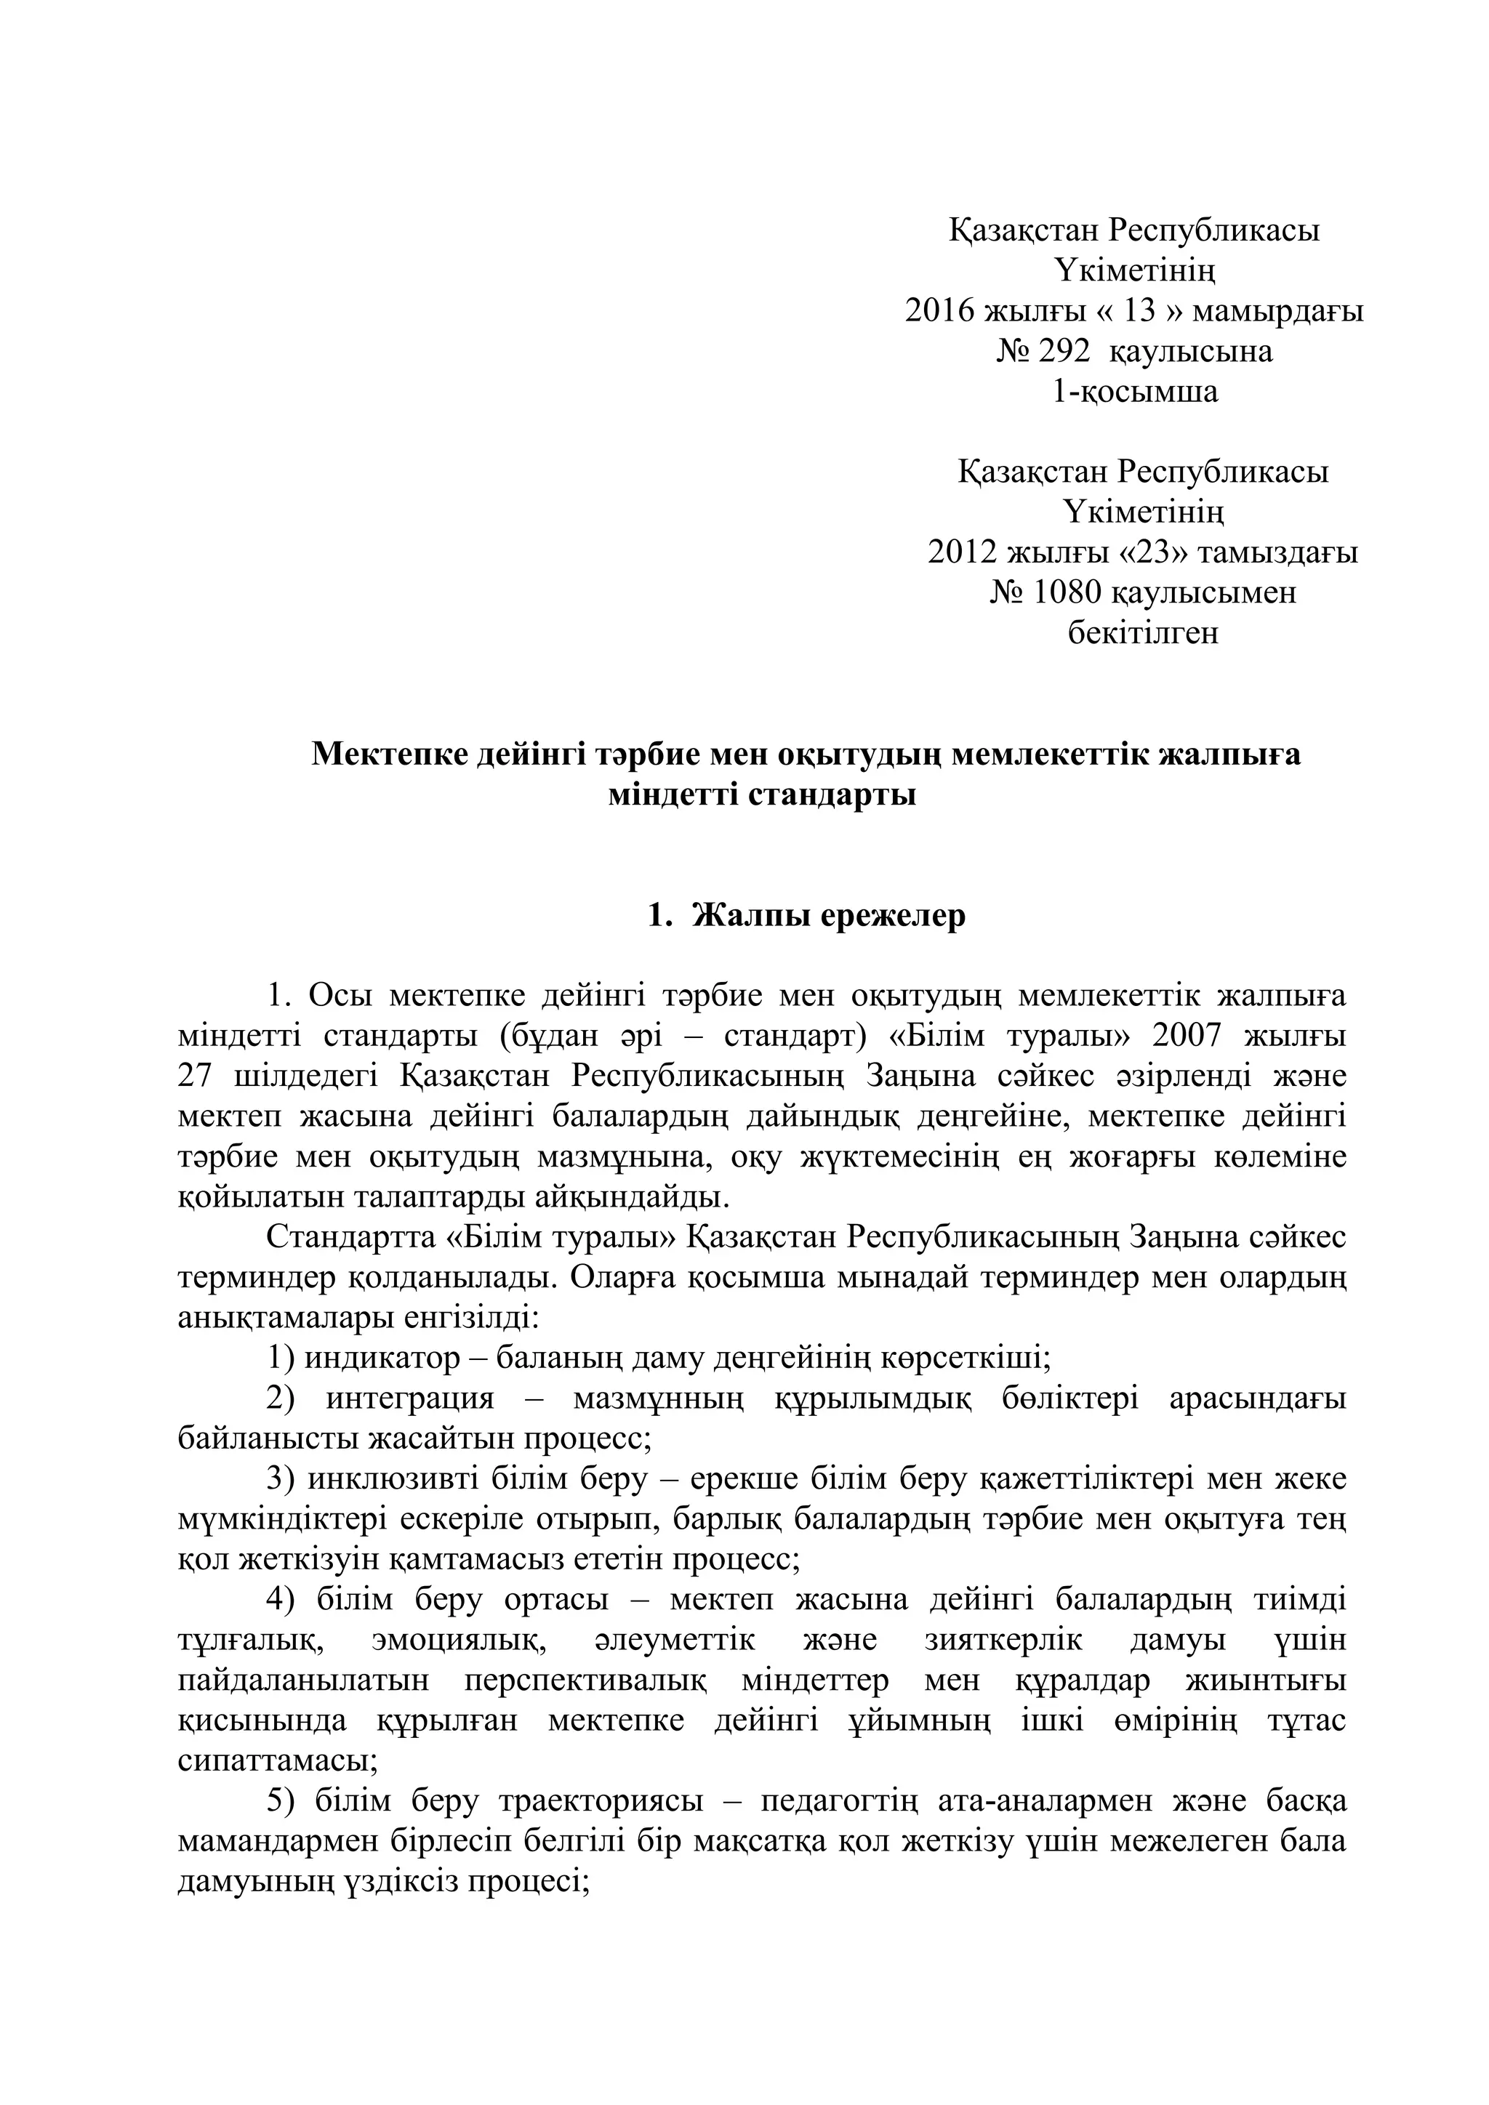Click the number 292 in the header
coord(1064,351)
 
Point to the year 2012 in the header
coord(962,553)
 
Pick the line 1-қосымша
coord(1134,392)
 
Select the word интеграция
coord(410,1399)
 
